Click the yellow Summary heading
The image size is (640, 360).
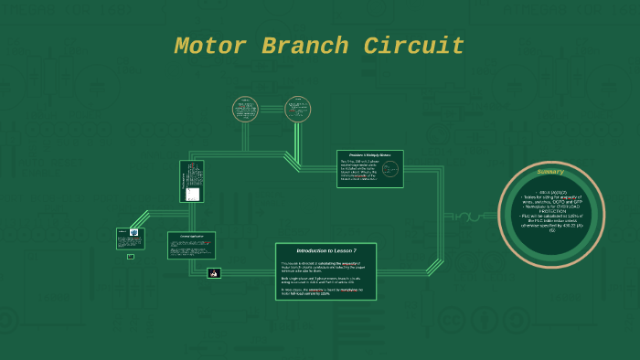[x=550, y=172]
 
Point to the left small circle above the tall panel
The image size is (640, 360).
[x=245, y=110]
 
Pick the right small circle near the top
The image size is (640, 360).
[x=297, y=110]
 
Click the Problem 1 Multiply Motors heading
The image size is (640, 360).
[x=369, y=155]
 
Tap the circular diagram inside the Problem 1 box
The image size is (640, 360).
[x=390, y=169]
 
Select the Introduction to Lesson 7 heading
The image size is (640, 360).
[x=326, y=250]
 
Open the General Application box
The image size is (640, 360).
[x=191, y=244]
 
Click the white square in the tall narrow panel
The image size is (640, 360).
[x=192, y=194]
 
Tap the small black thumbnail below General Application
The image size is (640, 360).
[x=214, y=272]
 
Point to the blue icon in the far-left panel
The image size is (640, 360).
[x=133, y=232]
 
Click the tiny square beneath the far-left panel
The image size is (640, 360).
[x=131, y=256]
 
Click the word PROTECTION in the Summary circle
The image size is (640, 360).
[x=551, y=213]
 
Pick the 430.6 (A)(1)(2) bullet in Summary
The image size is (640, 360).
[x=550, y=191]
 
